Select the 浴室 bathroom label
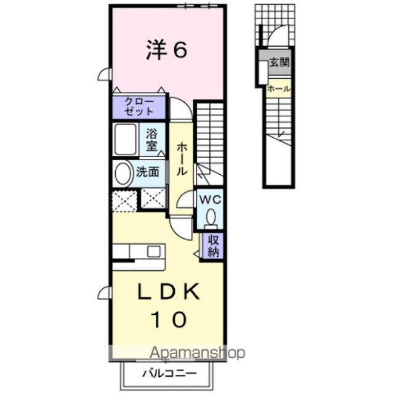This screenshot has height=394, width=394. [x=151, y=139]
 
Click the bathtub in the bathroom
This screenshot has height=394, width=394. [x=127, y=140]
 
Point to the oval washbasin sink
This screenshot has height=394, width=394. [x=123, y=173]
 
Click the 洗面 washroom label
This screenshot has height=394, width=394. [x=148, y=172]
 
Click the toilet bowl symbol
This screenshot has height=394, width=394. [x=211, y=217]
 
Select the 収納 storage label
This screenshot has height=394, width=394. [x=213, y=246]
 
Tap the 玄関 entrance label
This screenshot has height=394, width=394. [x=279, y=62]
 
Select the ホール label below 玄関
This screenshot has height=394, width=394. [x=279, y=89]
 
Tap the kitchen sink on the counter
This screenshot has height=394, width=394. [x=152, y=252]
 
